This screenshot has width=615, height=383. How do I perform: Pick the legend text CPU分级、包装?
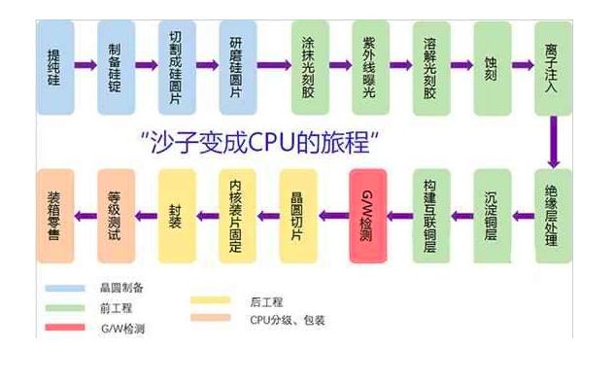(287, 319)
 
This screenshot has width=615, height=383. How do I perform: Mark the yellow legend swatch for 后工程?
(211, 301)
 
